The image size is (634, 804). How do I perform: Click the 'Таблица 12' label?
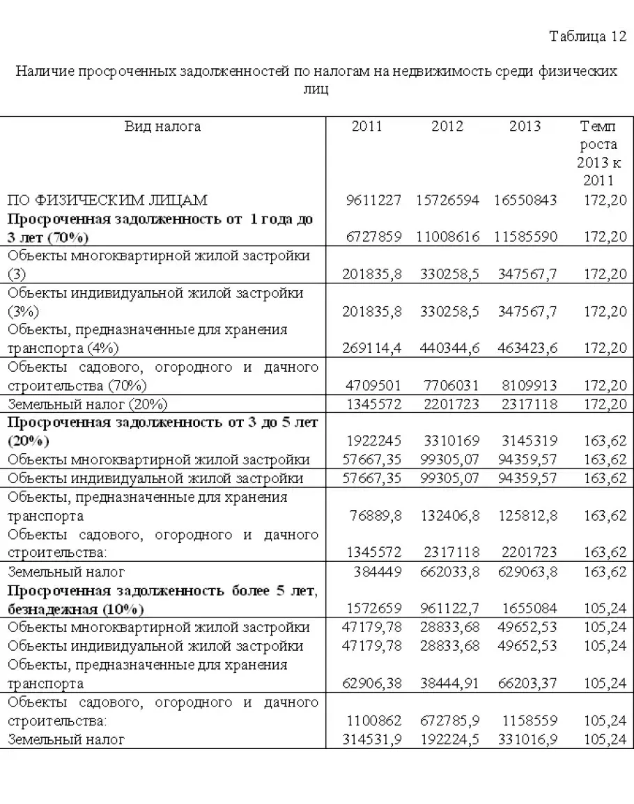point(588,37)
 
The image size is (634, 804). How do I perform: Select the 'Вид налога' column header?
point(162,126)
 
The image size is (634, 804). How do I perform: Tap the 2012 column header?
point(447,126)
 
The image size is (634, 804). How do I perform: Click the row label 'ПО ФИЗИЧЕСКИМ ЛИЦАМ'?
point(107,200)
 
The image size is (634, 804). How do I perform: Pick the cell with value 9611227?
point(373,200)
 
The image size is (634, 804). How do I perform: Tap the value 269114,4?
point(373,347)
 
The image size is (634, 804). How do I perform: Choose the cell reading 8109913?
point(528,385)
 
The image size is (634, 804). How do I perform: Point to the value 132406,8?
point(450,516)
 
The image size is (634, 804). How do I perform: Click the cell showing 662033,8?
point(450,572)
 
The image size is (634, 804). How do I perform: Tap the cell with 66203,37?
point(527,684)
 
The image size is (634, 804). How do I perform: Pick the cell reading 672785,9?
point(450,721)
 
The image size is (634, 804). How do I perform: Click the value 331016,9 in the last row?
point(527,739)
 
